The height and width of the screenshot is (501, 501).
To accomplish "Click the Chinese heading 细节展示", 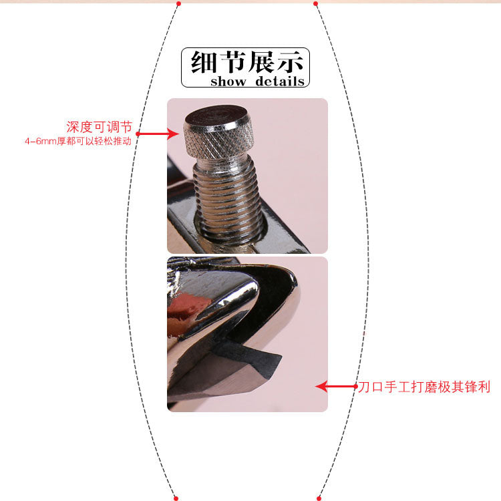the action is [247, 62].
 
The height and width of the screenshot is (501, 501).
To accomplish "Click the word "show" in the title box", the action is [228, 81].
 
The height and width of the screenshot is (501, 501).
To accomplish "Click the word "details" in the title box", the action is [280, 81].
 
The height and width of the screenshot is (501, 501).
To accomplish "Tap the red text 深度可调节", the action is [99, 127].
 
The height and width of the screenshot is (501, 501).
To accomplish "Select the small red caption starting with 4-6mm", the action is [78, 141].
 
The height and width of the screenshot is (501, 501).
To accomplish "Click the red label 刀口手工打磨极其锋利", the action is [424, 387].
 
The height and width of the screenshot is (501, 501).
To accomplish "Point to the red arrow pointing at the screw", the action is [157, 134].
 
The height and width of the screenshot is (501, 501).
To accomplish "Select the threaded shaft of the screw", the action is [228, 201].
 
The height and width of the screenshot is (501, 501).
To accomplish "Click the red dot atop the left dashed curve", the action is [178, 3].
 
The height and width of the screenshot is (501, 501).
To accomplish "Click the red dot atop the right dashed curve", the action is [316, 3].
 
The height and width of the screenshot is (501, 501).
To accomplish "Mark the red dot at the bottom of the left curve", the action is [176, 498].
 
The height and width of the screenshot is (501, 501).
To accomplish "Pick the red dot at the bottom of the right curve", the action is [319, 498].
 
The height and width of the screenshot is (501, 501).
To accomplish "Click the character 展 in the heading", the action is [261, 62].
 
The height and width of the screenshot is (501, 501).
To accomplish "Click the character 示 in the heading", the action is [290, 62].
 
